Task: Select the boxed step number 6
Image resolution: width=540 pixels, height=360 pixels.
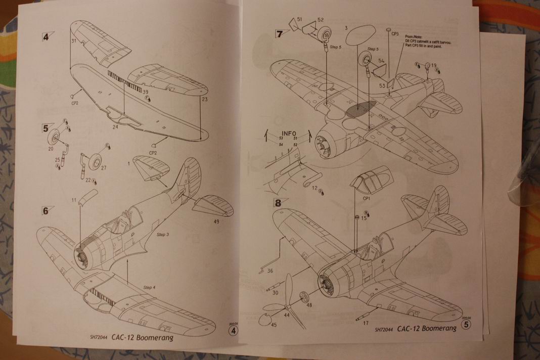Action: (45, 211)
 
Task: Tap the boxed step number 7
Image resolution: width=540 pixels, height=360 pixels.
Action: (280, 34)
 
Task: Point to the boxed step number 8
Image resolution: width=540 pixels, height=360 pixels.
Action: (278, 204)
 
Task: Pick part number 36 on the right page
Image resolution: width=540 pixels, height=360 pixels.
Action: (270, 271)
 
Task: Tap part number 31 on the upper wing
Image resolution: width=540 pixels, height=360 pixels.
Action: (73, 41)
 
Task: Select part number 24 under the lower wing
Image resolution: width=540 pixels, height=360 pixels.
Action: (115, 127)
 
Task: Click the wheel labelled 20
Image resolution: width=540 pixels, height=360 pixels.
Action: (56, 137)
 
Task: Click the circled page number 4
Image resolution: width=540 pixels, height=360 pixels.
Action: (233, 331)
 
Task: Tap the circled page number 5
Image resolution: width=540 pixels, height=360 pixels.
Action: (466, 325)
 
